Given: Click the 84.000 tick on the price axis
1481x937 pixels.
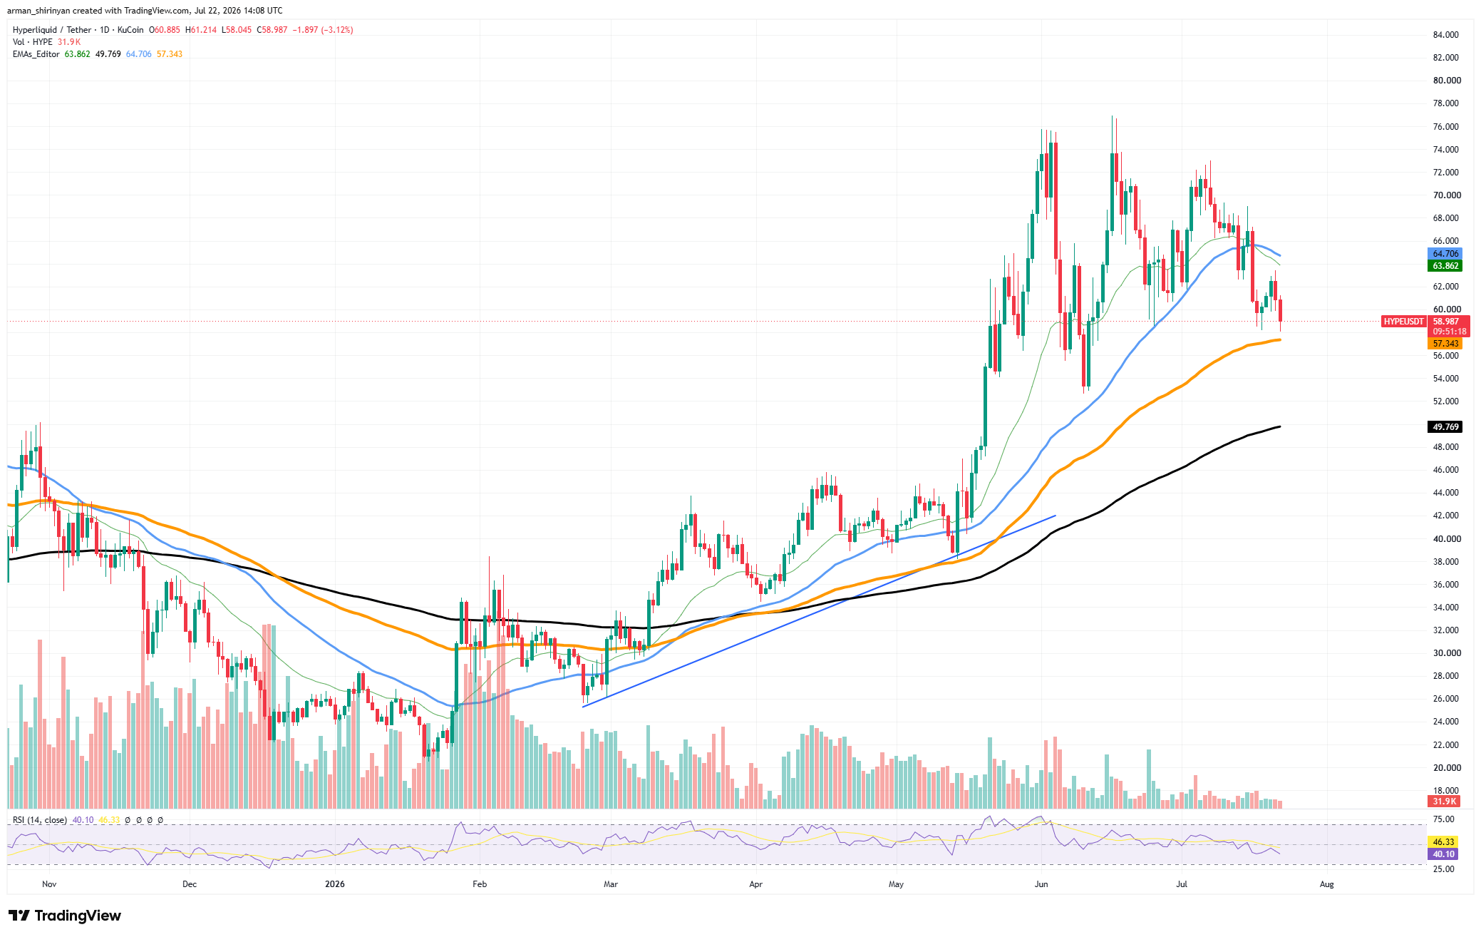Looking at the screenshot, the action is (x=1445, y=34).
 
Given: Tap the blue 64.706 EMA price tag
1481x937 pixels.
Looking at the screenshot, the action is (x=1445, y=254).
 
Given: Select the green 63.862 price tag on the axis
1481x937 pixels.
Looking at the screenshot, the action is (x=1445, y=266).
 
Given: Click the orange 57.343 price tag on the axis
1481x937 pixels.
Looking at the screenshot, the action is (x=1445, y=344).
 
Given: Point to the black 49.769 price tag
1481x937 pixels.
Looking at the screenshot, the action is (x=1445, y=427).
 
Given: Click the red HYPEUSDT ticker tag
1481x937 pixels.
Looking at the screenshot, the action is (x=1404, y=322).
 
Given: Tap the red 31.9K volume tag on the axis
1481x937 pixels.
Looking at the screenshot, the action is (x=1444, y=802).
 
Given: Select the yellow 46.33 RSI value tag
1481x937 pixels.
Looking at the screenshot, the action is (x=1443, y=842).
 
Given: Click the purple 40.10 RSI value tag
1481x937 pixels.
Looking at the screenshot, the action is (x=1443, y=854).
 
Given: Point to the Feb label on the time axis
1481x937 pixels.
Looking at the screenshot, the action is (x=480, y=884).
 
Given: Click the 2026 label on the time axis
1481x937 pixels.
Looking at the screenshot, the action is (x=334, y=884).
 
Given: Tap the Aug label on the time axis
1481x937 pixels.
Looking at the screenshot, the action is (x=1326, y=884).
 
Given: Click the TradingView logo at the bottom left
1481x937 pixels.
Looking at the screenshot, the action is (x=65, y=916).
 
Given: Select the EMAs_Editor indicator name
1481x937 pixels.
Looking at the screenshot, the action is (x=36, y=54).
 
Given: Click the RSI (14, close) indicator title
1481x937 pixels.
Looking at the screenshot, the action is (x=40, y=820).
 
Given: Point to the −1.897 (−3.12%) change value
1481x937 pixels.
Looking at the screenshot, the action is (x=323, y=30).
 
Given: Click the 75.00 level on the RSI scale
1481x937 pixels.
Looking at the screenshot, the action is (x=1443, y=819).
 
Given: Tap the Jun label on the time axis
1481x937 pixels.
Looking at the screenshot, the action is (x=1041, y=884).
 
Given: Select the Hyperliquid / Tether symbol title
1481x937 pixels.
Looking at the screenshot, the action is (x=52, y=30).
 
